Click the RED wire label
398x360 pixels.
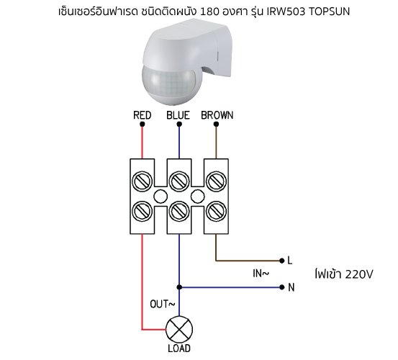pos(143,115)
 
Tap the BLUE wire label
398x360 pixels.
pos(178,115)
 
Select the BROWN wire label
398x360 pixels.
pos(217,115)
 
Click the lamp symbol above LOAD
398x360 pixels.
pos(179,330)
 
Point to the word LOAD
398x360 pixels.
pos(179,348)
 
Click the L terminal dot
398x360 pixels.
pos(281,261)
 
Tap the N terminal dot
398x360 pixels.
pos(281,287)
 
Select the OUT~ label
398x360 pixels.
pos(163,304)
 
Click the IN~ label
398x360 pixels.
pos(261,274)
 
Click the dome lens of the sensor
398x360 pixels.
pos(169,83)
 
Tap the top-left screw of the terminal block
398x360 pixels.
pos(143,181)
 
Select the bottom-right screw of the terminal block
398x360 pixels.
pos(216,211)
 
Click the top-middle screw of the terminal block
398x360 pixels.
pos(179,181)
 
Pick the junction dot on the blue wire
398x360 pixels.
pos(179,287)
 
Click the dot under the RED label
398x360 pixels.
pos(143,124)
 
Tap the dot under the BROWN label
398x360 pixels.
pos(216,124)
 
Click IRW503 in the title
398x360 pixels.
pos(286,12)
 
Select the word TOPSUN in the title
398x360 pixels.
pos(329,12)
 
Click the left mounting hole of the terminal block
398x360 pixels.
pos(160,197)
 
